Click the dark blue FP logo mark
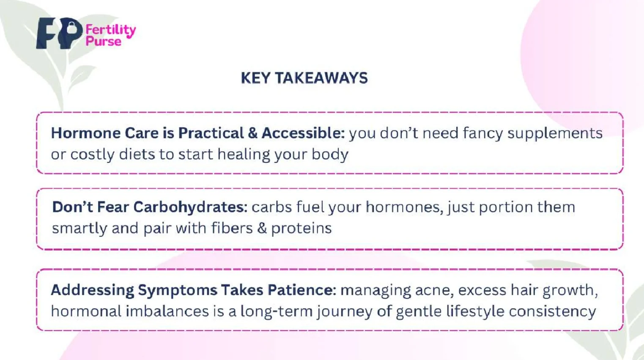[59, 33]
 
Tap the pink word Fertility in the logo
[111, 30]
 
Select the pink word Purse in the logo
[104, 42]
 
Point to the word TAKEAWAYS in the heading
[321, 78]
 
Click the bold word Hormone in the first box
[85, 133]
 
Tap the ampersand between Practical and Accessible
[252, 133]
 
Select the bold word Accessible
[303, 133]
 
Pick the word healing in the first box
[244, 155]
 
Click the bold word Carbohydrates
[190, 207]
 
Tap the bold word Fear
[113, 207]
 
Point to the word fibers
[232, 228]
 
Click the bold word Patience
[302, 290]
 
